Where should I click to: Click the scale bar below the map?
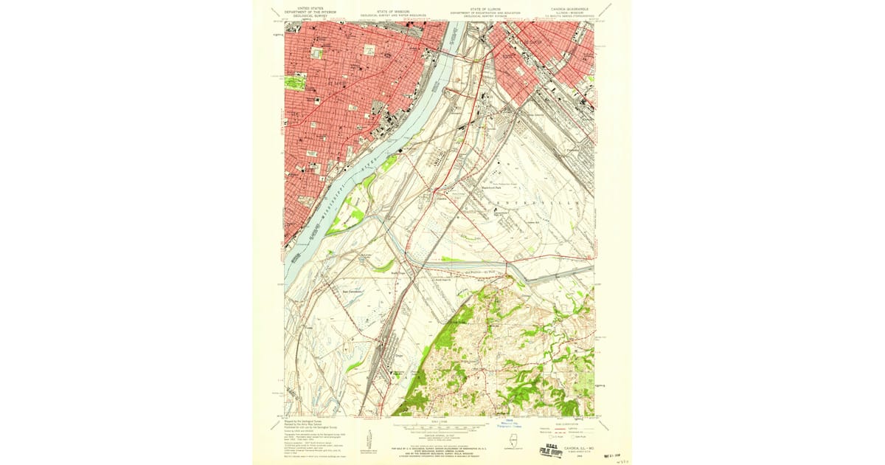442,426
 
